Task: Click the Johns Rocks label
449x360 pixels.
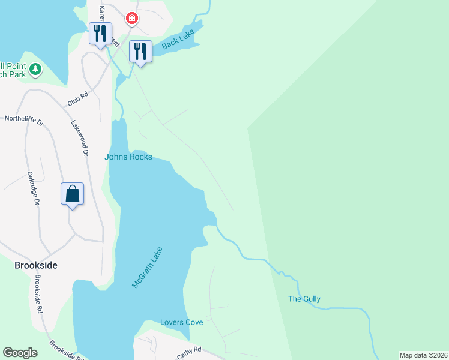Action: (128, 157)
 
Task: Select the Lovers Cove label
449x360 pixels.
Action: (181, 322)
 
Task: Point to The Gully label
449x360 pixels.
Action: (304, 299)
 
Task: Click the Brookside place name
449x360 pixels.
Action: (35, 265)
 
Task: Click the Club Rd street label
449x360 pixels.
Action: (78, 99)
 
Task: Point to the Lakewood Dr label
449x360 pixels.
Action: (80, 139)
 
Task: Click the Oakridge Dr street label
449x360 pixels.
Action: (33, 190)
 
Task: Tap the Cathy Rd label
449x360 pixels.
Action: (188, 352)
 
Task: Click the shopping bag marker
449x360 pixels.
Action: (72, 194)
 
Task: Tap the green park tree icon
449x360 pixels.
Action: (35, 70)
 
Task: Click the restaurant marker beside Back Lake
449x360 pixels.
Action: (140, 51)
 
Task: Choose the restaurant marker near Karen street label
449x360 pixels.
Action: (100, 34)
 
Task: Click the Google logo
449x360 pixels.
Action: (20, 353)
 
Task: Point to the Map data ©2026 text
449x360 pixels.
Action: (423, 355)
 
